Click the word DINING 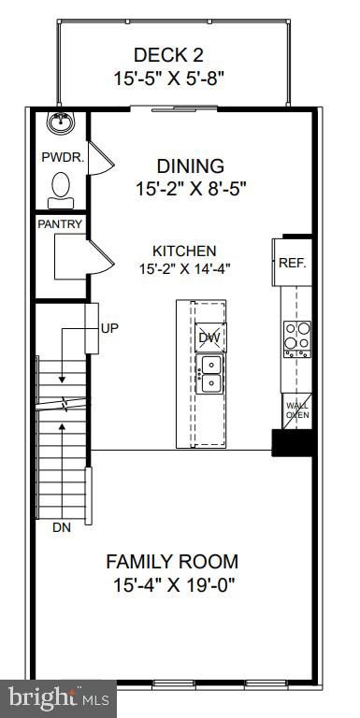click(x=190, y=166)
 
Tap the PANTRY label click(x=61, y=224)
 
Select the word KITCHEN click(x=185, y=251)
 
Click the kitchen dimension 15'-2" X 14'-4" click(x=185, y=268)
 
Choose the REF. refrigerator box click(x=292, y=264)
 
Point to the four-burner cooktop click(x=296, y=336)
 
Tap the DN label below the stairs click(x=61, y=527)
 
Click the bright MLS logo click(x=58, y=696)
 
